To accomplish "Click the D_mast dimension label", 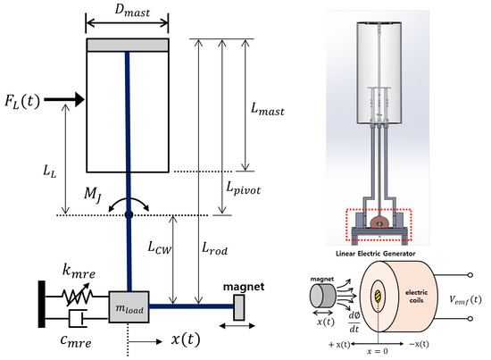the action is pos(132,11).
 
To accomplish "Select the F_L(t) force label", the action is pos(22,101).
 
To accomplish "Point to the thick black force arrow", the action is pos(64,100).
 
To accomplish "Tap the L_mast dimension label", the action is pos(268,109).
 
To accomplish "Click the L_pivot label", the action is pos(244,188).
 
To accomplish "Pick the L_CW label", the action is pos(160,247).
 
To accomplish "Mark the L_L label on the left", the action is pos(50,172).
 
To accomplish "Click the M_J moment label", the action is pos(93,195).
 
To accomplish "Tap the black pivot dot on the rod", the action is pos(129,214).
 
